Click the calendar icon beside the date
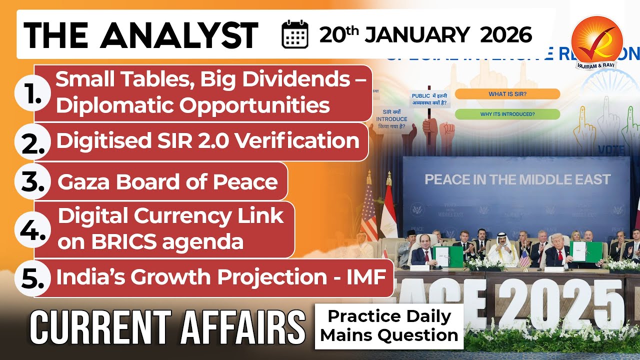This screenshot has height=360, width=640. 295,34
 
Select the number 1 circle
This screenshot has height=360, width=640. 32,93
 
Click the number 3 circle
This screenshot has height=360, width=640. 32,182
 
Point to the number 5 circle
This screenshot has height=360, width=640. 32,277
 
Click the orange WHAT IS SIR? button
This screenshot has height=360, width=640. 507,94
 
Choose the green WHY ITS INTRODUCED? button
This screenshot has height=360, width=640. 507,114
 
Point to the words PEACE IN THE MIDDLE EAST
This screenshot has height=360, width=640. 517,179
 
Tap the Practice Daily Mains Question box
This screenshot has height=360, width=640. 389,326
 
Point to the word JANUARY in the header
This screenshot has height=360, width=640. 417,34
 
